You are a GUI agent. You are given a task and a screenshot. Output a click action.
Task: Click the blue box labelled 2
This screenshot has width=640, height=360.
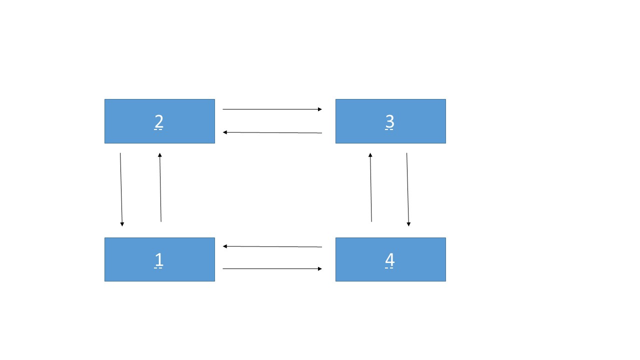[159, 121]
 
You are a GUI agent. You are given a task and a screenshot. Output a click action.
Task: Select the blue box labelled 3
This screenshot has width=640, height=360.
[390, 121]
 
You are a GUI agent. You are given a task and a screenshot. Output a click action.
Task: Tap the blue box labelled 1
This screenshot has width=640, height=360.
[159, 259]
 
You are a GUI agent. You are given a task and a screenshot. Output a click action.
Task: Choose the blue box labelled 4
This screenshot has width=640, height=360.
[390, 259]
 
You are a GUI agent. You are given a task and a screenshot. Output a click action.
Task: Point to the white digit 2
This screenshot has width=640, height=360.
[159, 121]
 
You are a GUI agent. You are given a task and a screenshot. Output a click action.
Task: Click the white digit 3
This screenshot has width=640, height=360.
[389, 121]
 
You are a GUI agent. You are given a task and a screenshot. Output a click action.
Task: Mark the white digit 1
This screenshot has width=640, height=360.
[159, 259]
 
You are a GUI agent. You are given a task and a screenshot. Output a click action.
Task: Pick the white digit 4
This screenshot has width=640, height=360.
[389, 259]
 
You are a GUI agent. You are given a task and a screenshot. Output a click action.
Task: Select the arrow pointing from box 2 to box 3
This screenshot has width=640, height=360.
[272, 109]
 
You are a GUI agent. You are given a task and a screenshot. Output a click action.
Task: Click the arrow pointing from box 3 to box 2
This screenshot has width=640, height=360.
[272, 132]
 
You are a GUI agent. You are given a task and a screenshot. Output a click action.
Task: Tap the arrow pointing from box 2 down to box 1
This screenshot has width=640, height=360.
[121, 189]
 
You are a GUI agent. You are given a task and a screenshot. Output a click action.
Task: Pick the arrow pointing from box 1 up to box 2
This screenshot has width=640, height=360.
[160, 187]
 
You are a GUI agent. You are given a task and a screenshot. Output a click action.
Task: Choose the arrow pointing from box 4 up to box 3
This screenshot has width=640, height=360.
[371, 187]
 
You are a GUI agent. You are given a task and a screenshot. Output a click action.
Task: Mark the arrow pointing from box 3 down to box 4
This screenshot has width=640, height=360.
[407, 189]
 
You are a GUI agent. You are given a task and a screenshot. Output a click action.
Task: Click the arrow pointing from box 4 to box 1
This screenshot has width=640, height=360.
[272, 246]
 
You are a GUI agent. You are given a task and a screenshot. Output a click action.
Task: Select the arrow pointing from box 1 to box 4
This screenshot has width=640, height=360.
[272, 268]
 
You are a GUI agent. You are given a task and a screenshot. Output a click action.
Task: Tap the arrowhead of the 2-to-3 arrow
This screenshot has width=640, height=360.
[320, 109]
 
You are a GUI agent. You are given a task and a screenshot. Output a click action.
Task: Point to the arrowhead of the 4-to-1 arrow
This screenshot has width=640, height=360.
[224, 246]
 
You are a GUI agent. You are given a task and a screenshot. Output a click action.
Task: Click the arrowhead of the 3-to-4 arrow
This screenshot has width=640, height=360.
[408, 224]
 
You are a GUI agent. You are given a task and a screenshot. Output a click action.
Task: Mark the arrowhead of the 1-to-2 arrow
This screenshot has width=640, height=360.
[159, 155]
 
